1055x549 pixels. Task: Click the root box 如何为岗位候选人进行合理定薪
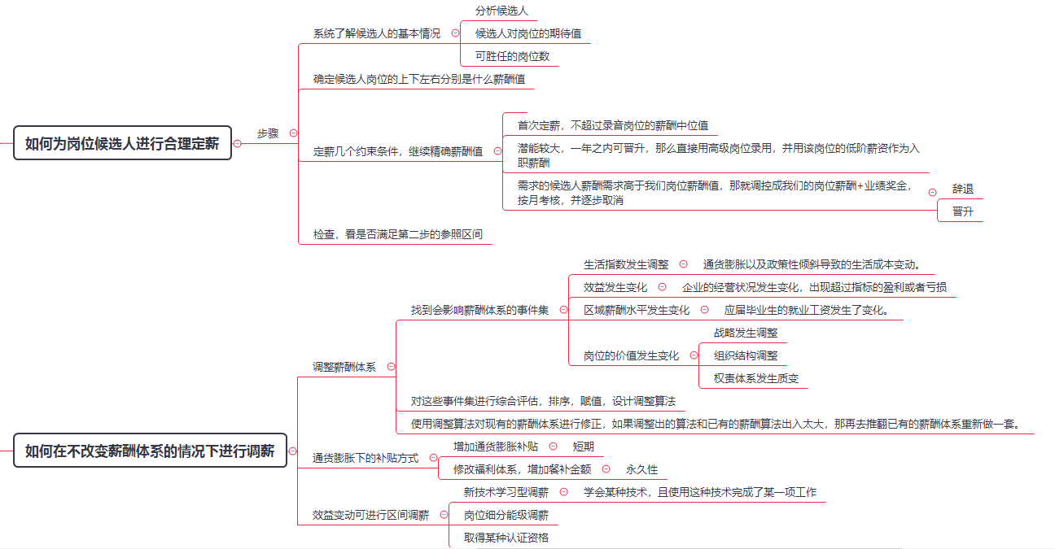click(x=122, y=143)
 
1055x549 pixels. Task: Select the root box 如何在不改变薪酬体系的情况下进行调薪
click(x=150, y=451)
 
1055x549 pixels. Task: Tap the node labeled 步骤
click(x=268, y=133)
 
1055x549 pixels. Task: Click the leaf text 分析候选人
click(x=501, y=11)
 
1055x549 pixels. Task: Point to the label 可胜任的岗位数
click(x=512, y=56)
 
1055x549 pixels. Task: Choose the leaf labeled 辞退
click(x=963, y=190)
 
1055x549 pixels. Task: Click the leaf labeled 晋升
click(x=963, y=211)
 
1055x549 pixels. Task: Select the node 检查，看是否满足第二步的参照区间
click(x=398, y=234)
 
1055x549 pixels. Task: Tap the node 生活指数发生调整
click(x=626, y=265)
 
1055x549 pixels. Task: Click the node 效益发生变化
click(x=615, y=287)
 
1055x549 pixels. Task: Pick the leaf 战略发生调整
click(x=746, y=333)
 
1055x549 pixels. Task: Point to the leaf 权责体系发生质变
click(x=756, y=379)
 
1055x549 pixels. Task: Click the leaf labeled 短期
click(x=583, y=447)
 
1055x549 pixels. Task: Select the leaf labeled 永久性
click(x=641, y=469)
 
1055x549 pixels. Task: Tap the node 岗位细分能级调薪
click(x=506, y=515)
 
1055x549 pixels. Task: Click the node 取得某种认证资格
click(x=506, y=538)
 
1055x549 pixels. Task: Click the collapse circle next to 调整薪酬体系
click(x=391, y=367)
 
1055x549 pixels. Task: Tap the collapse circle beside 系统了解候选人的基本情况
click(x=455, y=33)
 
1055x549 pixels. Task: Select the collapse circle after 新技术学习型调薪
click(x=564, y=492)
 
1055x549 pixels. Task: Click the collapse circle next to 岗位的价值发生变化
click(x=694, y=355)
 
